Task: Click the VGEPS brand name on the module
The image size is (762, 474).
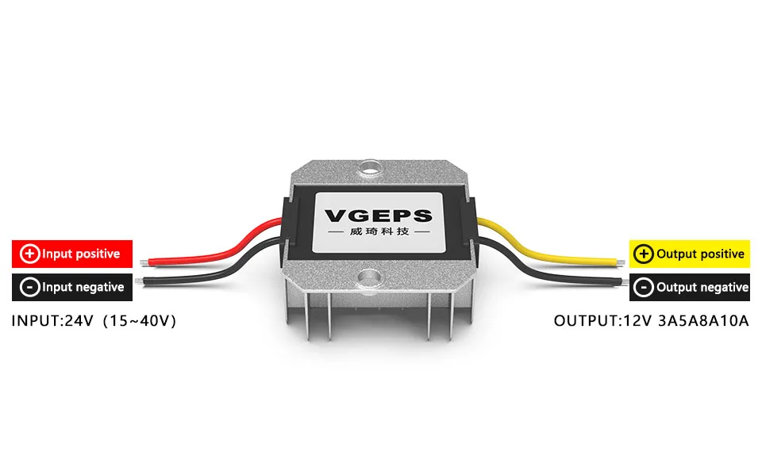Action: (x=379, y=216)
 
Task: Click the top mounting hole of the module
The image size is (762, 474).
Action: (x=370, y=168)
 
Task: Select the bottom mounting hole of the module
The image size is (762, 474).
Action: (x=370, y=277)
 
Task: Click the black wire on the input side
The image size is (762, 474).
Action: (x=214, y=275)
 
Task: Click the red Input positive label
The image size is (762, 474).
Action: (x=72, y=254)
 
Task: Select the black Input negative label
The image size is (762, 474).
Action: (x=72, y=287)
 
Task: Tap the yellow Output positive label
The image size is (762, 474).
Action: (x=690, y=254)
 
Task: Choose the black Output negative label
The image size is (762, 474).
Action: (x=690, y=287)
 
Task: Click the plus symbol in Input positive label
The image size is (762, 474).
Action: (x=29, y=254)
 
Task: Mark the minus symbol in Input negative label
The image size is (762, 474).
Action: (x=29, y=287)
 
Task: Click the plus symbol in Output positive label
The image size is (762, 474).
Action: (x=644, y=254)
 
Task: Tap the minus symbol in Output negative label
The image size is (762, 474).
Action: (x=644, y=287)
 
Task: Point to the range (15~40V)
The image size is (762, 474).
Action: (x=140, y=322)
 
